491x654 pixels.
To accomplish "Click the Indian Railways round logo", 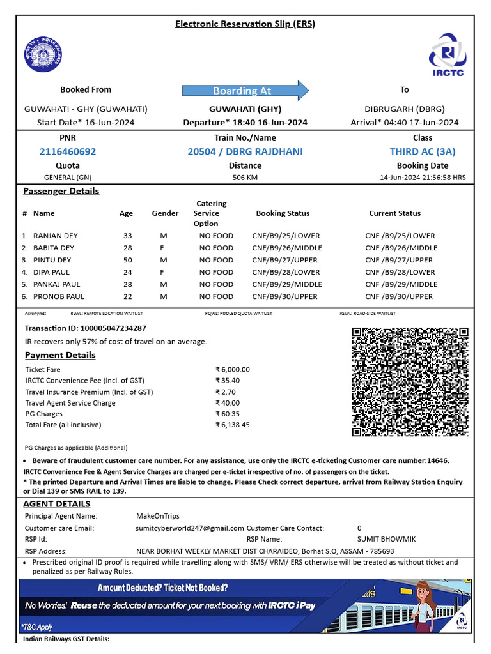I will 43,54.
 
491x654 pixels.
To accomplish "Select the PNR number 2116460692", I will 68,152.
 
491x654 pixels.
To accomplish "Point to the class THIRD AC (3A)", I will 422,152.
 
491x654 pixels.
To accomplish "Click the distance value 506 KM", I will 245,178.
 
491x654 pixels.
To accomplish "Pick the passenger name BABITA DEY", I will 54,248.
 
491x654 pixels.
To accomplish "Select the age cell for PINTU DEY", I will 128,260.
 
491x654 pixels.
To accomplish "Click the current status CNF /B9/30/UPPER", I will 399,296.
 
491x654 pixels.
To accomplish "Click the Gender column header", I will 165,213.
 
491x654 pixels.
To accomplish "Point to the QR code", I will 410,382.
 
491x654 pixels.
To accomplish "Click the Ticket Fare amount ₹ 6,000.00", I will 233,370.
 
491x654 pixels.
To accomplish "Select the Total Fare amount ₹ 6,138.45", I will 233,425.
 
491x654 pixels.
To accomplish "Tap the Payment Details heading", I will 60,355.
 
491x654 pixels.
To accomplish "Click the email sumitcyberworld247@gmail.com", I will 190,528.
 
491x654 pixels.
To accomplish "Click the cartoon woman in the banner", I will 423,605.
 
